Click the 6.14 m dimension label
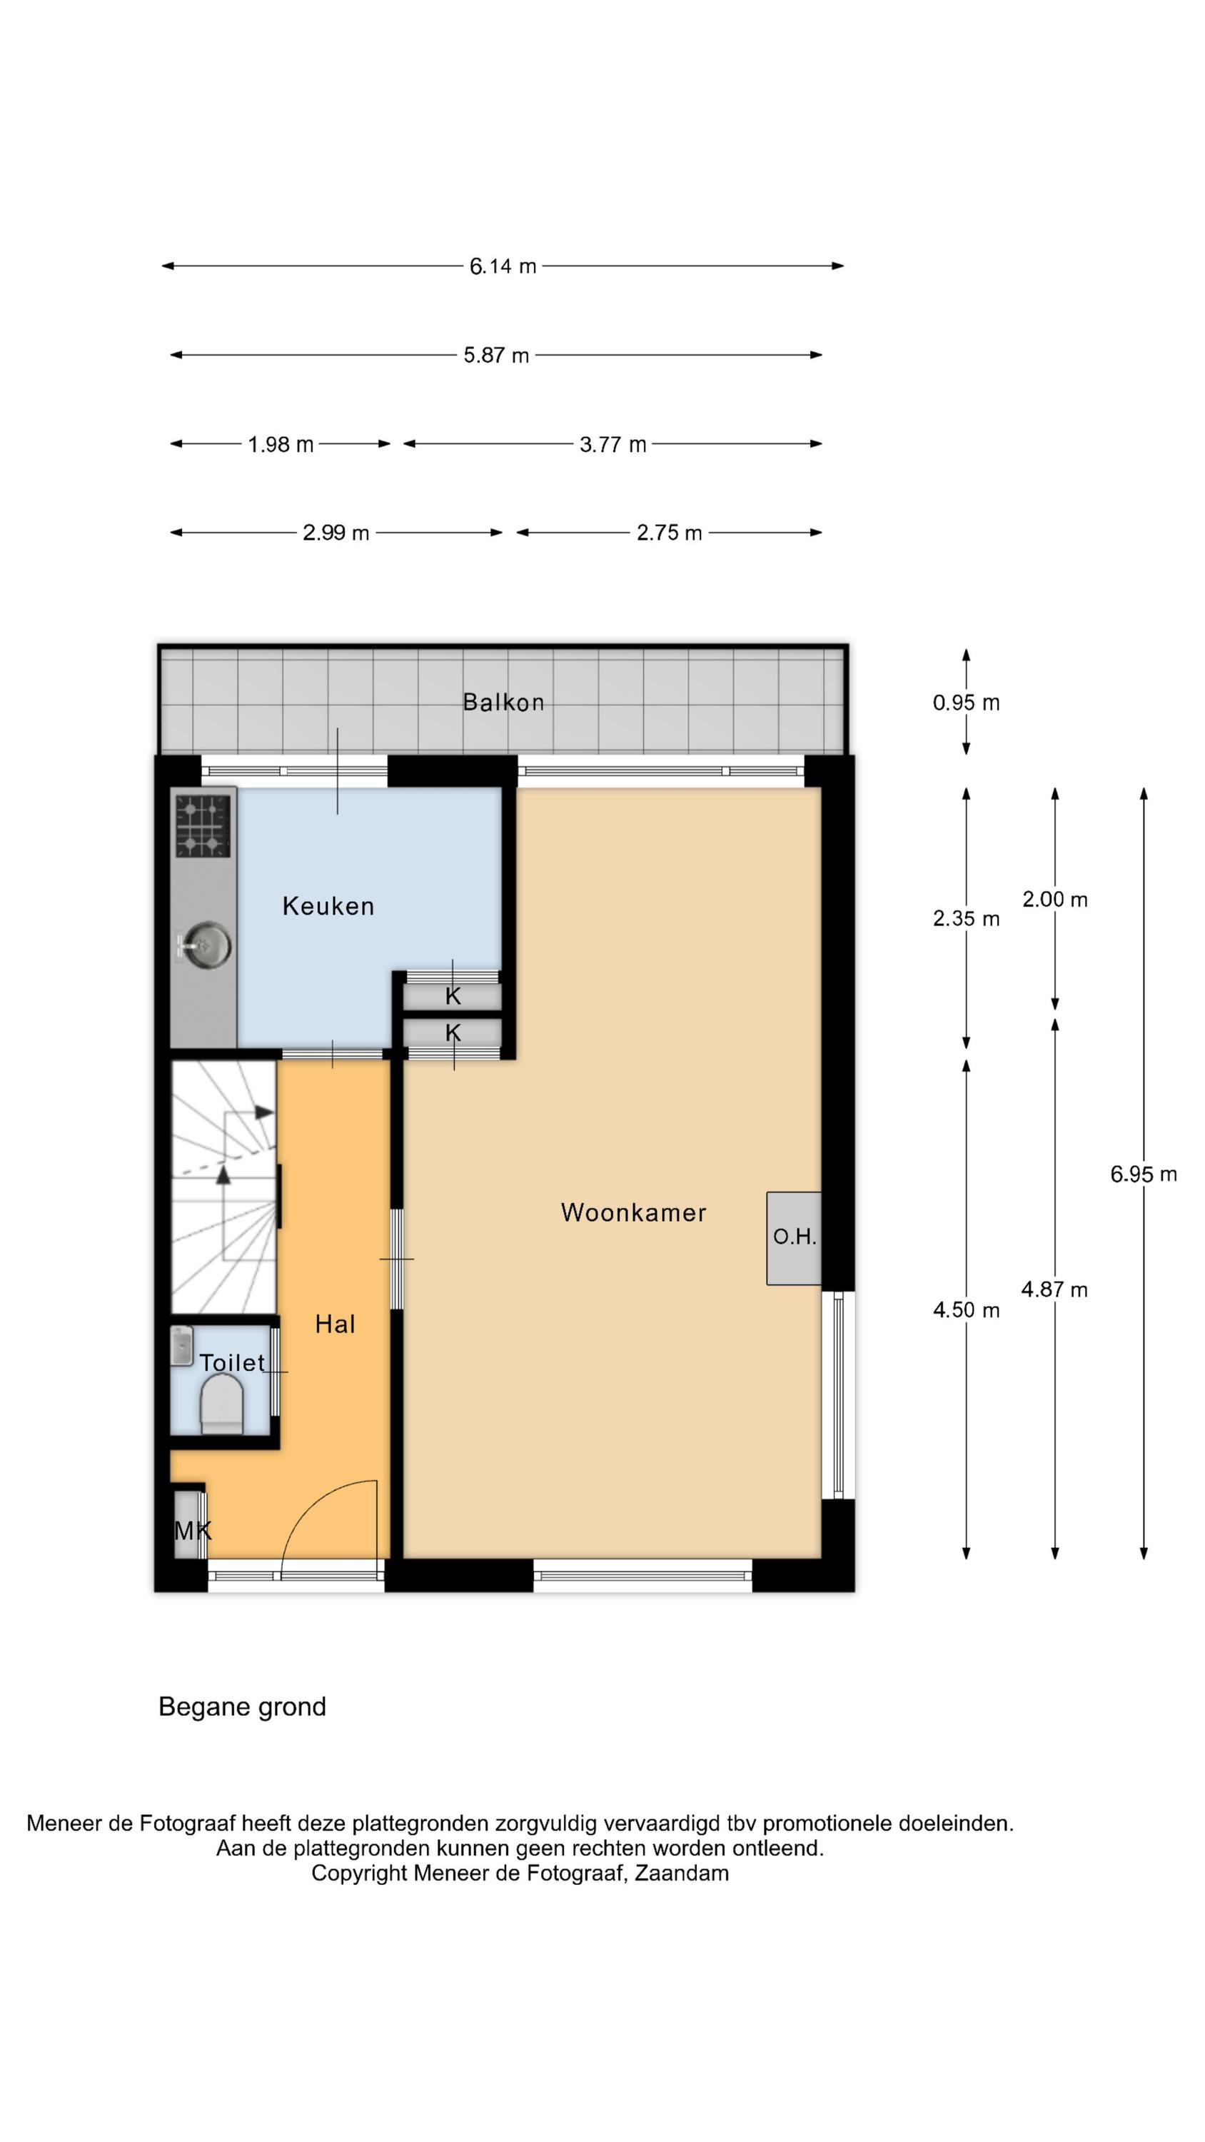503,266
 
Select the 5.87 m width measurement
495,355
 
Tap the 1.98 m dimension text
281,444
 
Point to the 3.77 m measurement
613,444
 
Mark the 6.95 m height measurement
1144,1174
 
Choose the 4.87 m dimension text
1054,1289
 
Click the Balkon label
503,703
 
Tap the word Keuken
328,905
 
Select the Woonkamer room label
634,1212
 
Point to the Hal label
335,1324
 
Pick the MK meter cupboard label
193,1530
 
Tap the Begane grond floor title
242,1707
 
